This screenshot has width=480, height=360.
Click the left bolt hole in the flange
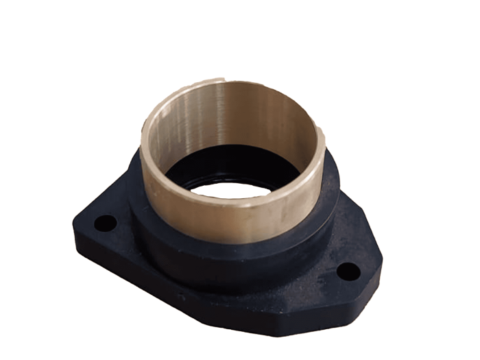click(x=105, y=223)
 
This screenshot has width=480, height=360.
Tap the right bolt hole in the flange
click(x=348, y=272)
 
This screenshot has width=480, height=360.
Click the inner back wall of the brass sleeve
click(x=233, y=117)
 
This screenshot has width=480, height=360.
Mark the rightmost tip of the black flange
click(x=382, y=264)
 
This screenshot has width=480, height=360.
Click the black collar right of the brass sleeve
click(x=329, y=199)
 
